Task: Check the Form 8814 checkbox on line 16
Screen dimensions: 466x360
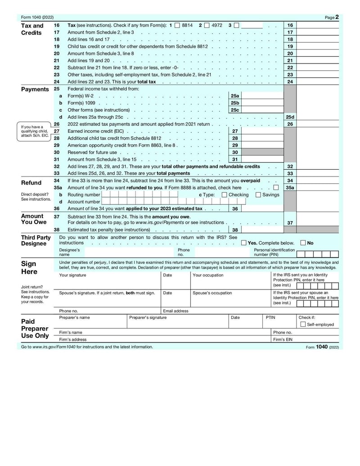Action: (x=177, y=26)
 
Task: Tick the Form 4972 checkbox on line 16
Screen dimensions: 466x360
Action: (x=207, y=26)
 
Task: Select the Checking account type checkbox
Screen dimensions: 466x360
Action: (x=224, y=195)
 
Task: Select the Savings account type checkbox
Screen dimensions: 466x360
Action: (x=258, y=195)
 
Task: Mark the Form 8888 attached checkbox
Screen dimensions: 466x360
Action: (x=276, y=188)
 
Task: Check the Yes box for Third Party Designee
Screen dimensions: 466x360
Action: (x=243, y=243)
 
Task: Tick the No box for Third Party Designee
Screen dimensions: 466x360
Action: (x=303, y=243)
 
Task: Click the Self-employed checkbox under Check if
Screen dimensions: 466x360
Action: (x=303, y=324)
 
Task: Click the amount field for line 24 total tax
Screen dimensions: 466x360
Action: (x=318, y=82)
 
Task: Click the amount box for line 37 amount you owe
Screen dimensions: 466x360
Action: (x=318, y=222)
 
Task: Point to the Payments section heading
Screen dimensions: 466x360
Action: (x=35, y=89)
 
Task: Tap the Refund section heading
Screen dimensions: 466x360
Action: (x=31, y=183)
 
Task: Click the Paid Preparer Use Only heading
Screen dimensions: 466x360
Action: (x=35, y=329)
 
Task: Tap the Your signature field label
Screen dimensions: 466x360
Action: (x=72, y=275)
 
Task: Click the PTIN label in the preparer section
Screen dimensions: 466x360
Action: (x=270, y=317)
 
